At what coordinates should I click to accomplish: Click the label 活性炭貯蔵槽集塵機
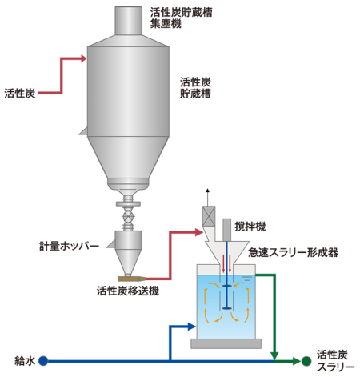click(181, 18)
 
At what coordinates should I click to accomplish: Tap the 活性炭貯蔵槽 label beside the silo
click(195, 88)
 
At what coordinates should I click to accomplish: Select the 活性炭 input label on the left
click(20, 94)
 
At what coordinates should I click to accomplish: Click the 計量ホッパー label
click(69, 246)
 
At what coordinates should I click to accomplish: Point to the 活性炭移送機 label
click(128, 291)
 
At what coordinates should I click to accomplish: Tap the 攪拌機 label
click(250, 227)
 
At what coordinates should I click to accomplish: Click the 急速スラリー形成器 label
click(293, 252)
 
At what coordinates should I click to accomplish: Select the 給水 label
click(25, 361)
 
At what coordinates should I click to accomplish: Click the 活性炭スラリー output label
click(335, 361)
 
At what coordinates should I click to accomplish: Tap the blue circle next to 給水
click(43, 361)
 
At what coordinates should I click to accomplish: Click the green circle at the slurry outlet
click(306, 361)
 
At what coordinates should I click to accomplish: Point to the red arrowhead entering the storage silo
click(84, 58)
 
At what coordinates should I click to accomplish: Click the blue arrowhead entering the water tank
click(192, 327)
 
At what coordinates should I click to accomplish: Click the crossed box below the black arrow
click(209, 216)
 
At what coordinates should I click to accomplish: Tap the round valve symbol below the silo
click(128, 215)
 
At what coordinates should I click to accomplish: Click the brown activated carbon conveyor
click(132, 279)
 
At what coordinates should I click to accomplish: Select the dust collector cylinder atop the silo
click(128, 21)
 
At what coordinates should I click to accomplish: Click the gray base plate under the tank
click(226, 343)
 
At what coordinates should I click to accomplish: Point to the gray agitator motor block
click(227, 230)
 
